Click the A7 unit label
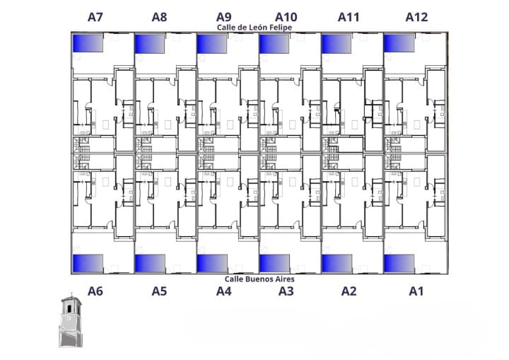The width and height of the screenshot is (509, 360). [x=95, y=17]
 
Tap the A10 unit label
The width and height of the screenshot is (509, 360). [x=286, y=17]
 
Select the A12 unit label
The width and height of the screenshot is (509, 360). [x=416, y=17]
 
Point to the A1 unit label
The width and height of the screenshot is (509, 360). [x=416, y=291]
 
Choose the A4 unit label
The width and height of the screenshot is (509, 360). [x=223, y=291]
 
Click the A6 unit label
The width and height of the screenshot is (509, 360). [x=95, y=291]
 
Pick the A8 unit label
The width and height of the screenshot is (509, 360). [x=159, y=17]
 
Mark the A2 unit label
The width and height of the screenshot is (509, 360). [x=349, y=291]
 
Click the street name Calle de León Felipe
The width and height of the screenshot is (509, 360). [x=255, y=28]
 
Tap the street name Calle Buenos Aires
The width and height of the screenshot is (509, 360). [x=255, y=279]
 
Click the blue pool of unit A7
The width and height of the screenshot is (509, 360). [x=87, y=43]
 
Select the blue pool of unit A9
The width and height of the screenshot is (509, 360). [x=211, y=43]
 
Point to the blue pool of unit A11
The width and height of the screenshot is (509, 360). [x=337, y=43]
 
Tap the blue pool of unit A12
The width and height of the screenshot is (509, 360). [x=399, y=43]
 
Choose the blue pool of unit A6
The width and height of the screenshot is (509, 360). [x=88, y=262]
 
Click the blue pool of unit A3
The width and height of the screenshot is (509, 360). [x=274, y=263]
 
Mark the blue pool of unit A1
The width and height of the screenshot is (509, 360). [x=399, y=263]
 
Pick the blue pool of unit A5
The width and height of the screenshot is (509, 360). [x=150, y=263]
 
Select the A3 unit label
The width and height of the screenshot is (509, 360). [x=286, y=291]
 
